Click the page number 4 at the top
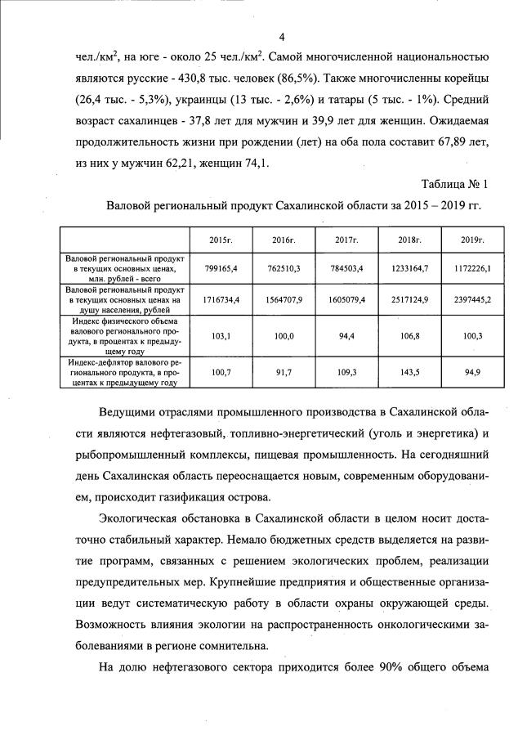pos(281,36)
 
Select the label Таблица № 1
pos(455,183)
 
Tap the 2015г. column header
pos(221,240)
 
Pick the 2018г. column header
pos(409,240)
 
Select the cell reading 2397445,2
pos(470,299)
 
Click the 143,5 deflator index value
pos(409,372)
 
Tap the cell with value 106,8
pos(409,336)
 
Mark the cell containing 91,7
pos(284,372)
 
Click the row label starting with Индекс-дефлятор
pos(123,371)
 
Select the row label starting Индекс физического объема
pos(123,335)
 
